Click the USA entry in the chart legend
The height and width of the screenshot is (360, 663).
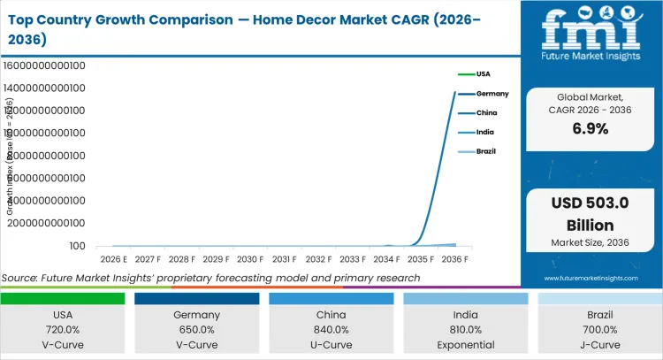pyautogui.click(x=483, y=73)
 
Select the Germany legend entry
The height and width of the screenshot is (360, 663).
pyautogui.click(x=492, y=93)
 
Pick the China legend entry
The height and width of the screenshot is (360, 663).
pyautogui.click(x=486, y=112)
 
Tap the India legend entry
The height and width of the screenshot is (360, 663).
pyautogui.click(x=485, y=132)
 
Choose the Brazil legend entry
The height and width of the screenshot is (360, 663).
pyautogui.click(x=486, y=151)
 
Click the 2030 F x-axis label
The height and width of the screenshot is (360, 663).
pyautogui.click(x=250, y=259)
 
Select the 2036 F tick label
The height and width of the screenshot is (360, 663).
pyautogui.click(x=455, y=259)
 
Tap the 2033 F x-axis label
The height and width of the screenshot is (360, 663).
pyautogui.click(x=353, y=259)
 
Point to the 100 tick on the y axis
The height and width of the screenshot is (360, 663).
pyautogui.click(x=78, y=247)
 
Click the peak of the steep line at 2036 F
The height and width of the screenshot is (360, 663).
pyautogui.click(x=455, y=92)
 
